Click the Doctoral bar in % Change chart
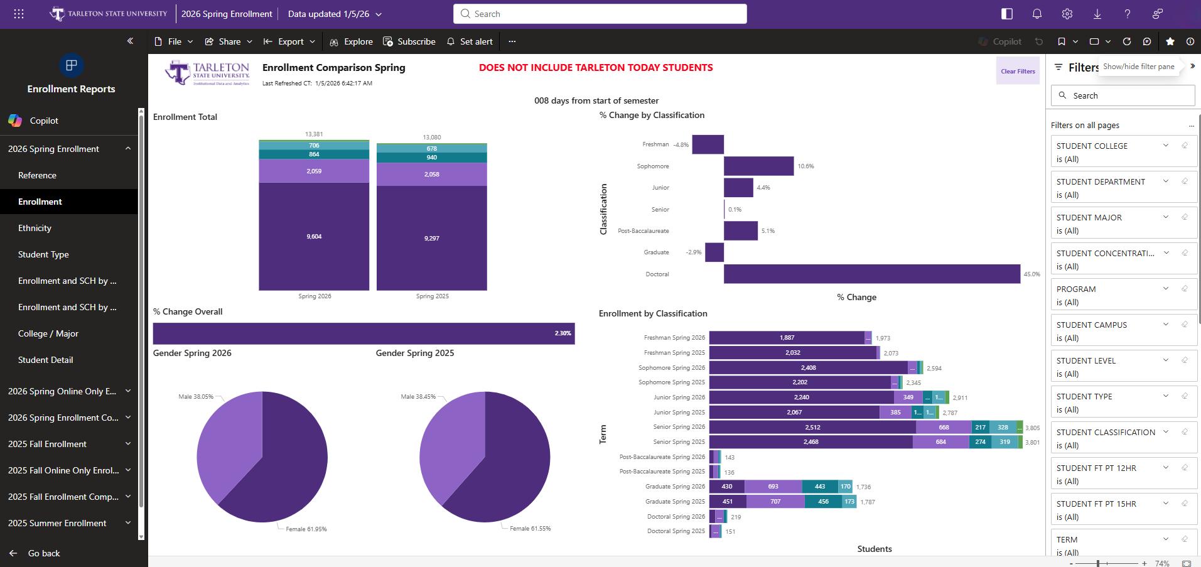[871, 274]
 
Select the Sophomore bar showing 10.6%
[758, 166]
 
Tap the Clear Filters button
[1018, 71]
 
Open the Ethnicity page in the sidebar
[35, 228]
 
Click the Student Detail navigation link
[46, 360]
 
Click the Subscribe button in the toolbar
[409, 41]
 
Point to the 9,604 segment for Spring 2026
[314, 236]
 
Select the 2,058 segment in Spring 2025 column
[431, 174]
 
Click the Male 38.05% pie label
[195, 397]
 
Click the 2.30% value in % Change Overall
[563, 333]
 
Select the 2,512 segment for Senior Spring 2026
[812, 427]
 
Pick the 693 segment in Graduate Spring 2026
[773, 487]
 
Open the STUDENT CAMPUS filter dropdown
[1165, 325]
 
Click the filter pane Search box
[1123, 95]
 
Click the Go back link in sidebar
[44, 553]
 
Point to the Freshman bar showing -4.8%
[708, 144]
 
